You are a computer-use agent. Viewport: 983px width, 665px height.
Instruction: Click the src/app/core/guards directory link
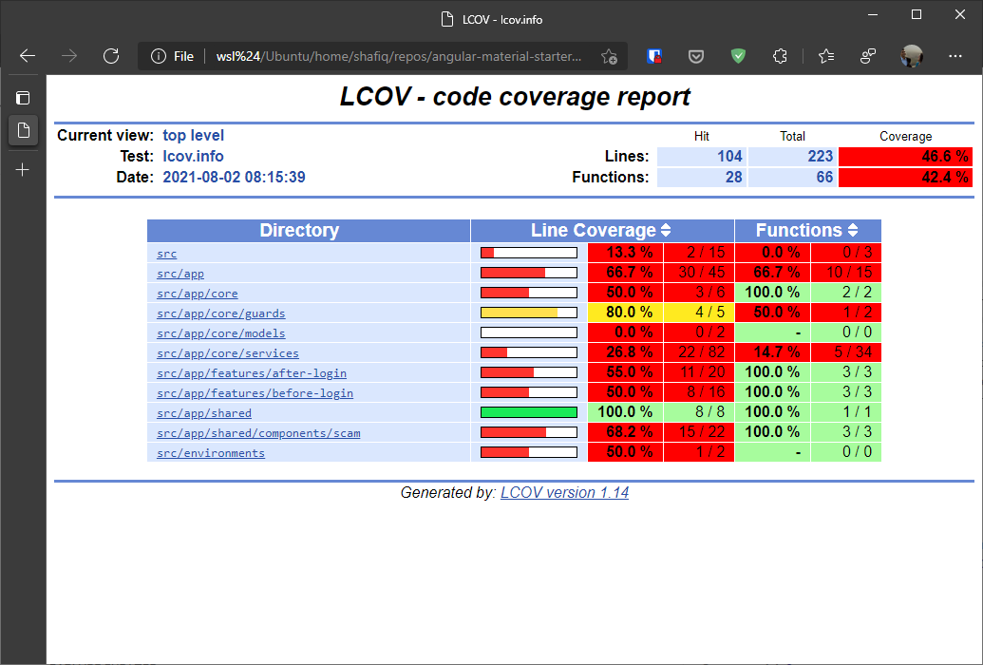pos(220,313)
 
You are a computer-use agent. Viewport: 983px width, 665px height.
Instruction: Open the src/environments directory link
pos(211,453)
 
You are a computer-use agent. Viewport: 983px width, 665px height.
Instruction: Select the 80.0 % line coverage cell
pos(625,313)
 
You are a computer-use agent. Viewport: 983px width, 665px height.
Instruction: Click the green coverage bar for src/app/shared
pos(529,412)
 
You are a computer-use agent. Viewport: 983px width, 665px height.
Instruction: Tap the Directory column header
pos(299,231)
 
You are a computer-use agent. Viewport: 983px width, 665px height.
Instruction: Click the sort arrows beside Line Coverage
pos(666,231)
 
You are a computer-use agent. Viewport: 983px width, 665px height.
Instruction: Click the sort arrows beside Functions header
pos(853,231)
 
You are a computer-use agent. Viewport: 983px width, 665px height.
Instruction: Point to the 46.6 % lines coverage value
pos(905,157)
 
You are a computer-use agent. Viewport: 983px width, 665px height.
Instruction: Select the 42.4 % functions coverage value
pos(905,178)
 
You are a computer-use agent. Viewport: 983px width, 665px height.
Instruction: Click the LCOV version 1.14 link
pos(564,493)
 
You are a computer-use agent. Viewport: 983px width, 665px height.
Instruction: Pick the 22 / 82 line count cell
pos(698,353)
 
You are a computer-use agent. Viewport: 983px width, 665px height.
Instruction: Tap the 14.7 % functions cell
pos(772,353)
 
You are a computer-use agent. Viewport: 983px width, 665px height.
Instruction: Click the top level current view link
pos(194,136)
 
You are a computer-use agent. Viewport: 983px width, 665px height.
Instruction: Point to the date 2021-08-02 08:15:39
pos(234,178)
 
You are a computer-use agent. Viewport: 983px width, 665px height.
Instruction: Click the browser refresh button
pos(111,56)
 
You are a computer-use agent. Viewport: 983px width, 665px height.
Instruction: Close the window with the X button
pos(960,15)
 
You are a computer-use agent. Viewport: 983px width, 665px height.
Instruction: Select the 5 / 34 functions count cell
pos(845,353)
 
